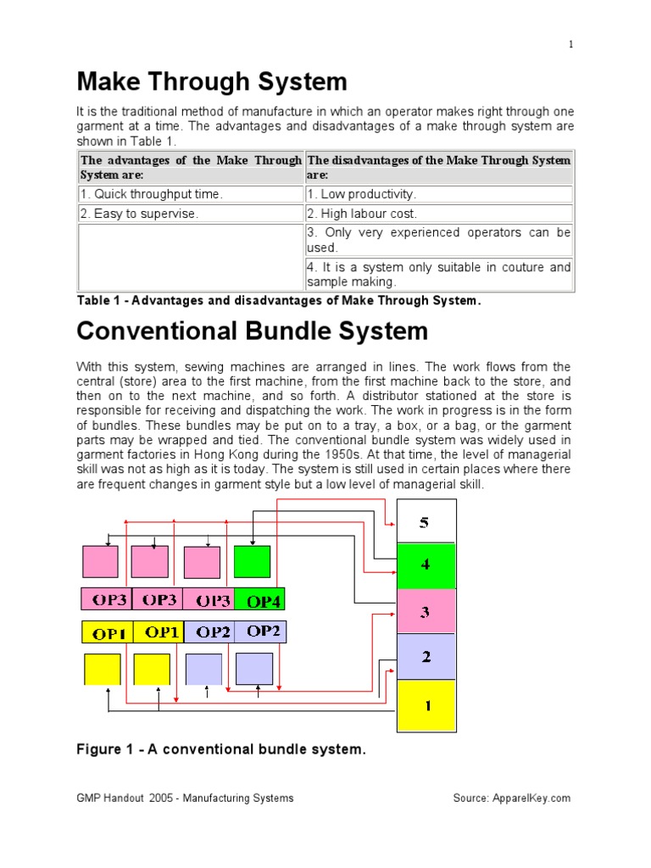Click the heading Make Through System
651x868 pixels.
(x=212, y=82)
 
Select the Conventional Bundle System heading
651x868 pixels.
(x=253, y=331)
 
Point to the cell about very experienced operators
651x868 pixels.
(x=438, y=240)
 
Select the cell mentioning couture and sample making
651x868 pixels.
(x=438, y=275)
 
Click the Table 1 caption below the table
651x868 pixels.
(x=279, y=300)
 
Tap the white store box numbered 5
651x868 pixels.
(x=426, y=522)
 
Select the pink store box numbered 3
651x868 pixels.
(x=426, y=612)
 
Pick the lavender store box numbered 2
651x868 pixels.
(x=426, y=657)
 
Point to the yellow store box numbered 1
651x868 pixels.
(x=426, y=704)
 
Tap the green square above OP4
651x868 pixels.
(x=253, y=562)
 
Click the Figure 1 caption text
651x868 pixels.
(x=221, y=749)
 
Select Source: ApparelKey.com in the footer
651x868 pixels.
(x=512, y=798)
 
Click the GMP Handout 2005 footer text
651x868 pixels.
(x=186, y=798)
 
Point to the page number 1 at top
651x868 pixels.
(x=571, y=45)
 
